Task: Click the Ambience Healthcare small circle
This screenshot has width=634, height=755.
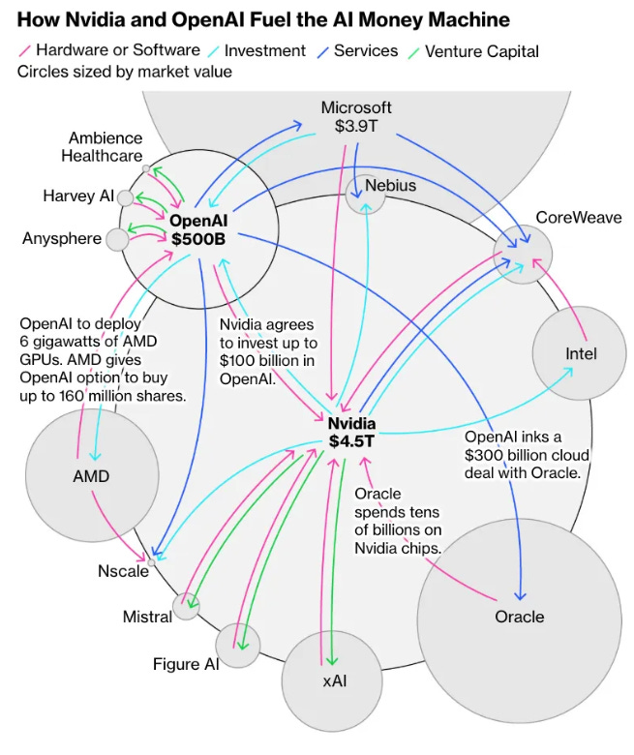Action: (146, 168)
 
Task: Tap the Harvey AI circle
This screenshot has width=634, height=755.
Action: (125, 197)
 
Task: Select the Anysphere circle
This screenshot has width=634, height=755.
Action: (117, 238)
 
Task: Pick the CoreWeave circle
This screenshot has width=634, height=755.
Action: (523, 251)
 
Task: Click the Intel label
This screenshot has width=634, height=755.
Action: (581, 353)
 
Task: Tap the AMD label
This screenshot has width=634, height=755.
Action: (91, 475)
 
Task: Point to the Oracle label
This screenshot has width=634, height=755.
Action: (520, 617)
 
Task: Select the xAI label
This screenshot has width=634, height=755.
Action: (334, 681)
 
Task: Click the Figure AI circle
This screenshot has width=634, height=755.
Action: (238, 645)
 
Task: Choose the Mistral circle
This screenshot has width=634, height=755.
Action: (186, 608)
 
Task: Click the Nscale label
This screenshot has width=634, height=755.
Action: (123, 570)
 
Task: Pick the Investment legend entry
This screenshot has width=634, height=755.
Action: (264, 50)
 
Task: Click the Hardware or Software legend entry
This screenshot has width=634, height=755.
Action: (117, 50)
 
